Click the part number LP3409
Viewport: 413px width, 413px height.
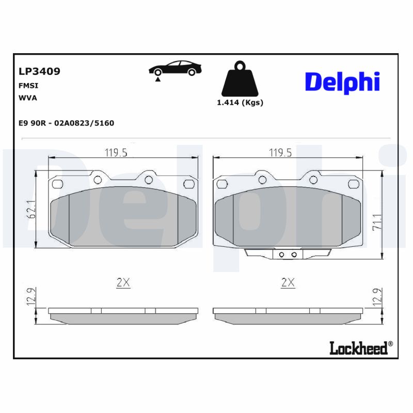coord(39,71)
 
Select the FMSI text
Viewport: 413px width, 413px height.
coord(28,86)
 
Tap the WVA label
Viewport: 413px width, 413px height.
coord(28,97)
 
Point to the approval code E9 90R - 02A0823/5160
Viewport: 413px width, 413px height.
coord(66,123)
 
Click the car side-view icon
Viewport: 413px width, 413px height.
coord(174,69)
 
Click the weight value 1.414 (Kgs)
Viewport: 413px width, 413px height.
coord(240,102)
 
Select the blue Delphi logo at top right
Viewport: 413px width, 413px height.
coord(342,82)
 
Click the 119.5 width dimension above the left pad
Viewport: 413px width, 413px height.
coord(116,152)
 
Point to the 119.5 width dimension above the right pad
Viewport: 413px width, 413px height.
coord(281,152)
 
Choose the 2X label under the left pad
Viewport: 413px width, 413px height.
coord(123,282)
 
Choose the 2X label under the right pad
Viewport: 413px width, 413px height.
coord(288,282)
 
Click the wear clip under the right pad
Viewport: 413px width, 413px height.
coord(287,253)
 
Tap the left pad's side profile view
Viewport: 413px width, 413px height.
coord(123,316)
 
